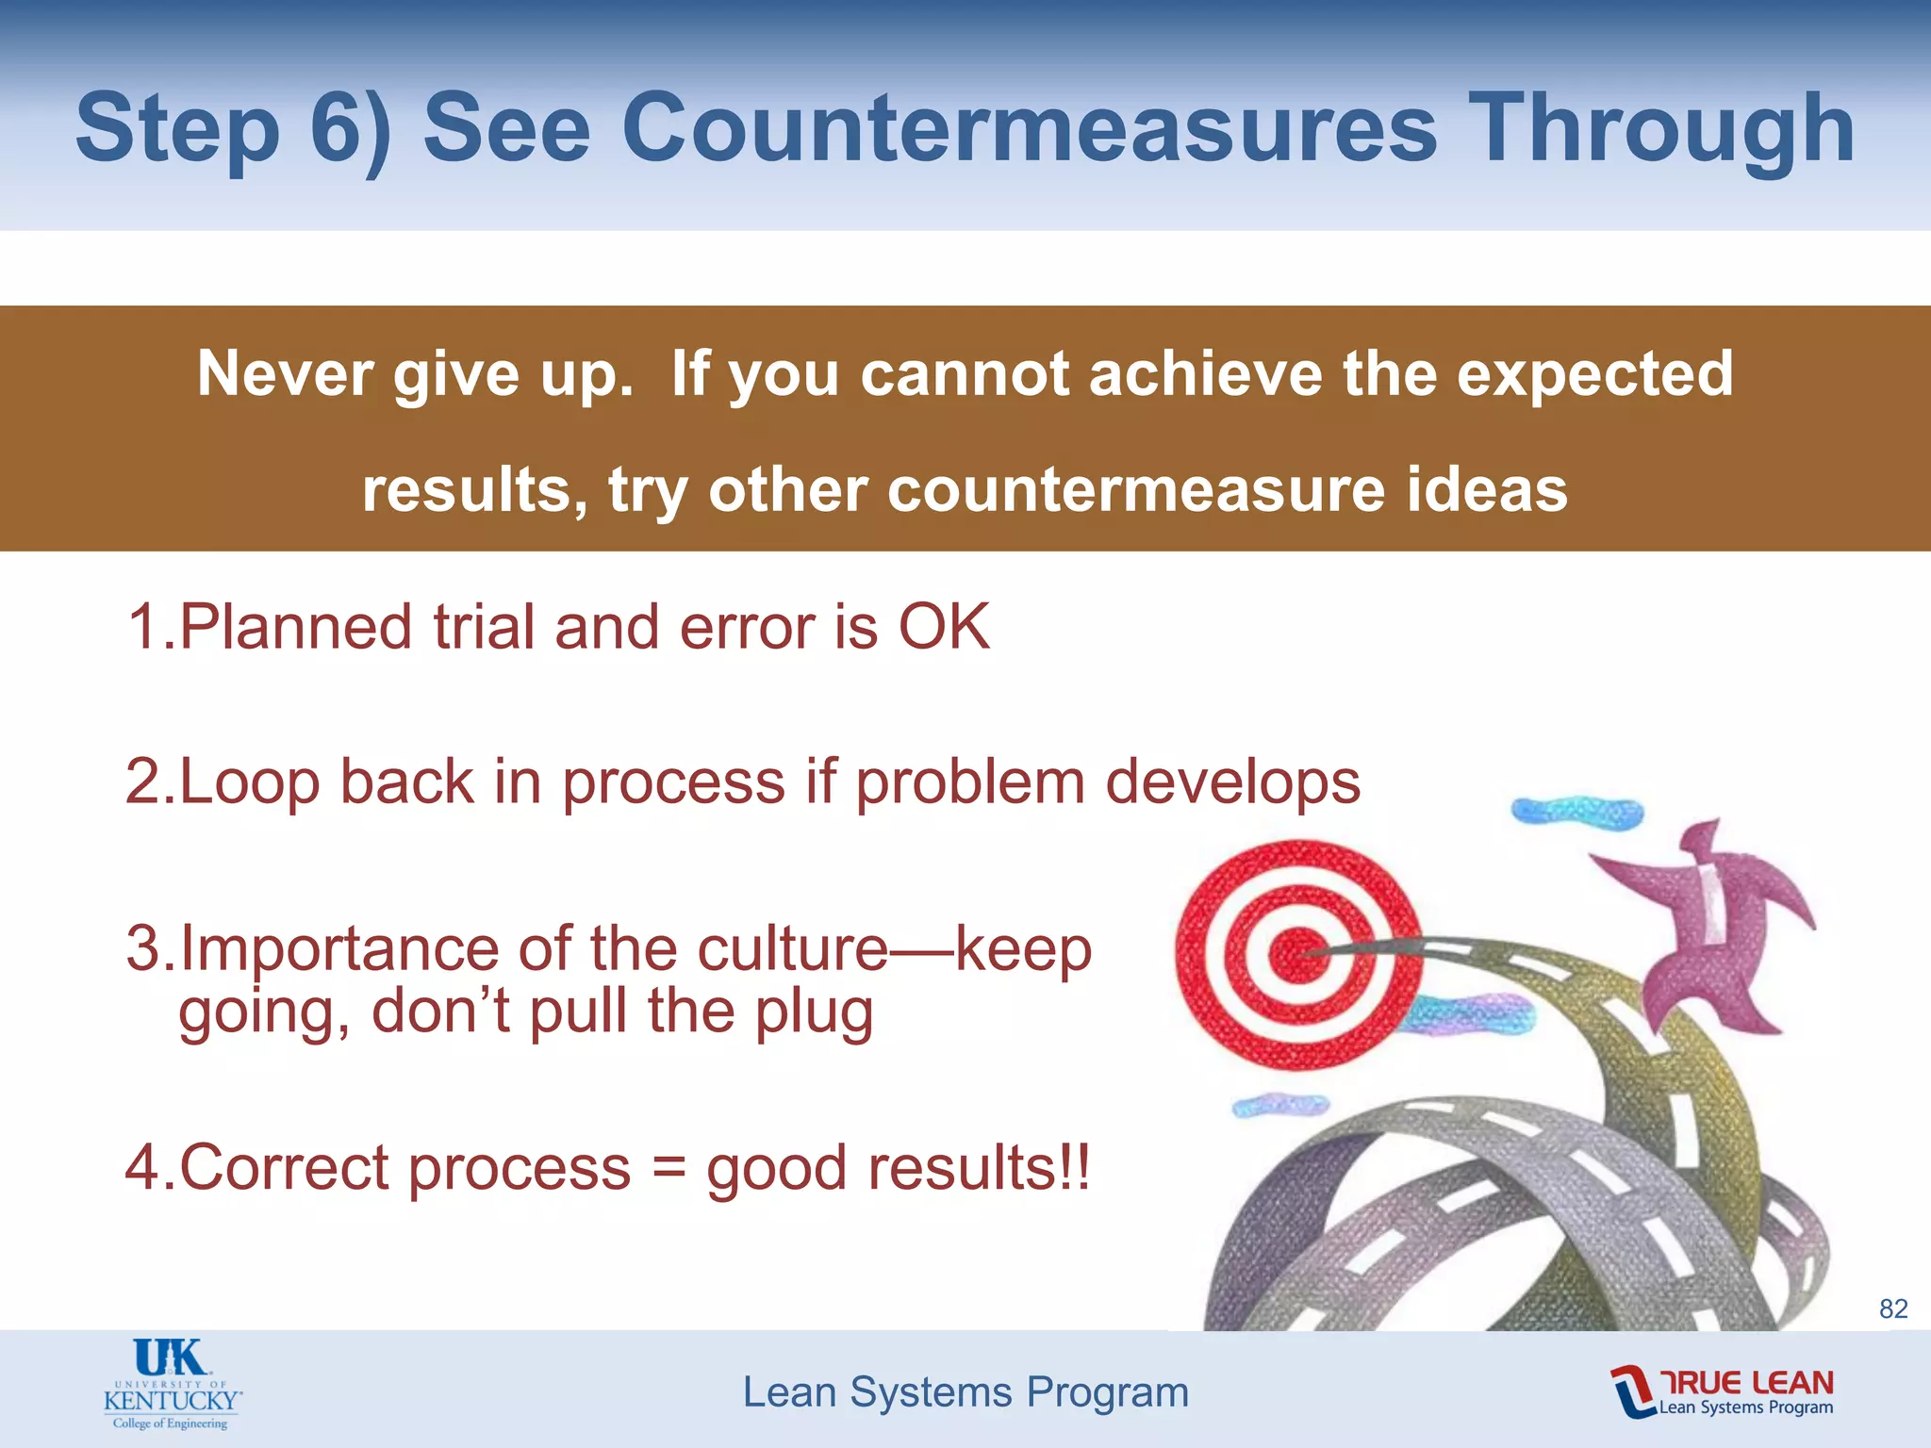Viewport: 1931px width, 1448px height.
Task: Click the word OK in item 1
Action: (x=944, y=627)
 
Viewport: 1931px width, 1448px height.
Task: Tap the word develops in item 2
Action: (x=1232, y=783)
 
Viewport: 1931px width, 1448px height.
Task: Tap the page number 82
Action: (x=1893, y=1308)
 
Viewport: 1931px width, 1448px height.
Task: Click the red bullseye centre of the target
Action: (x=1298, y=955)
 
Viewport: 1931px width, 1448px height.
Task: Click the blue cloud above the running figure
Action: (x=1576, y=812)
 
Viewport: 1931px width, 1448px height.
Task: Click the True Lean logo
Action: (x=1722, y=1391)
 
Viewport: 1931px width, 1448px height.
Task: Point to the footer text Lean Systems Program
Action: (x=965, y=1392)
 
